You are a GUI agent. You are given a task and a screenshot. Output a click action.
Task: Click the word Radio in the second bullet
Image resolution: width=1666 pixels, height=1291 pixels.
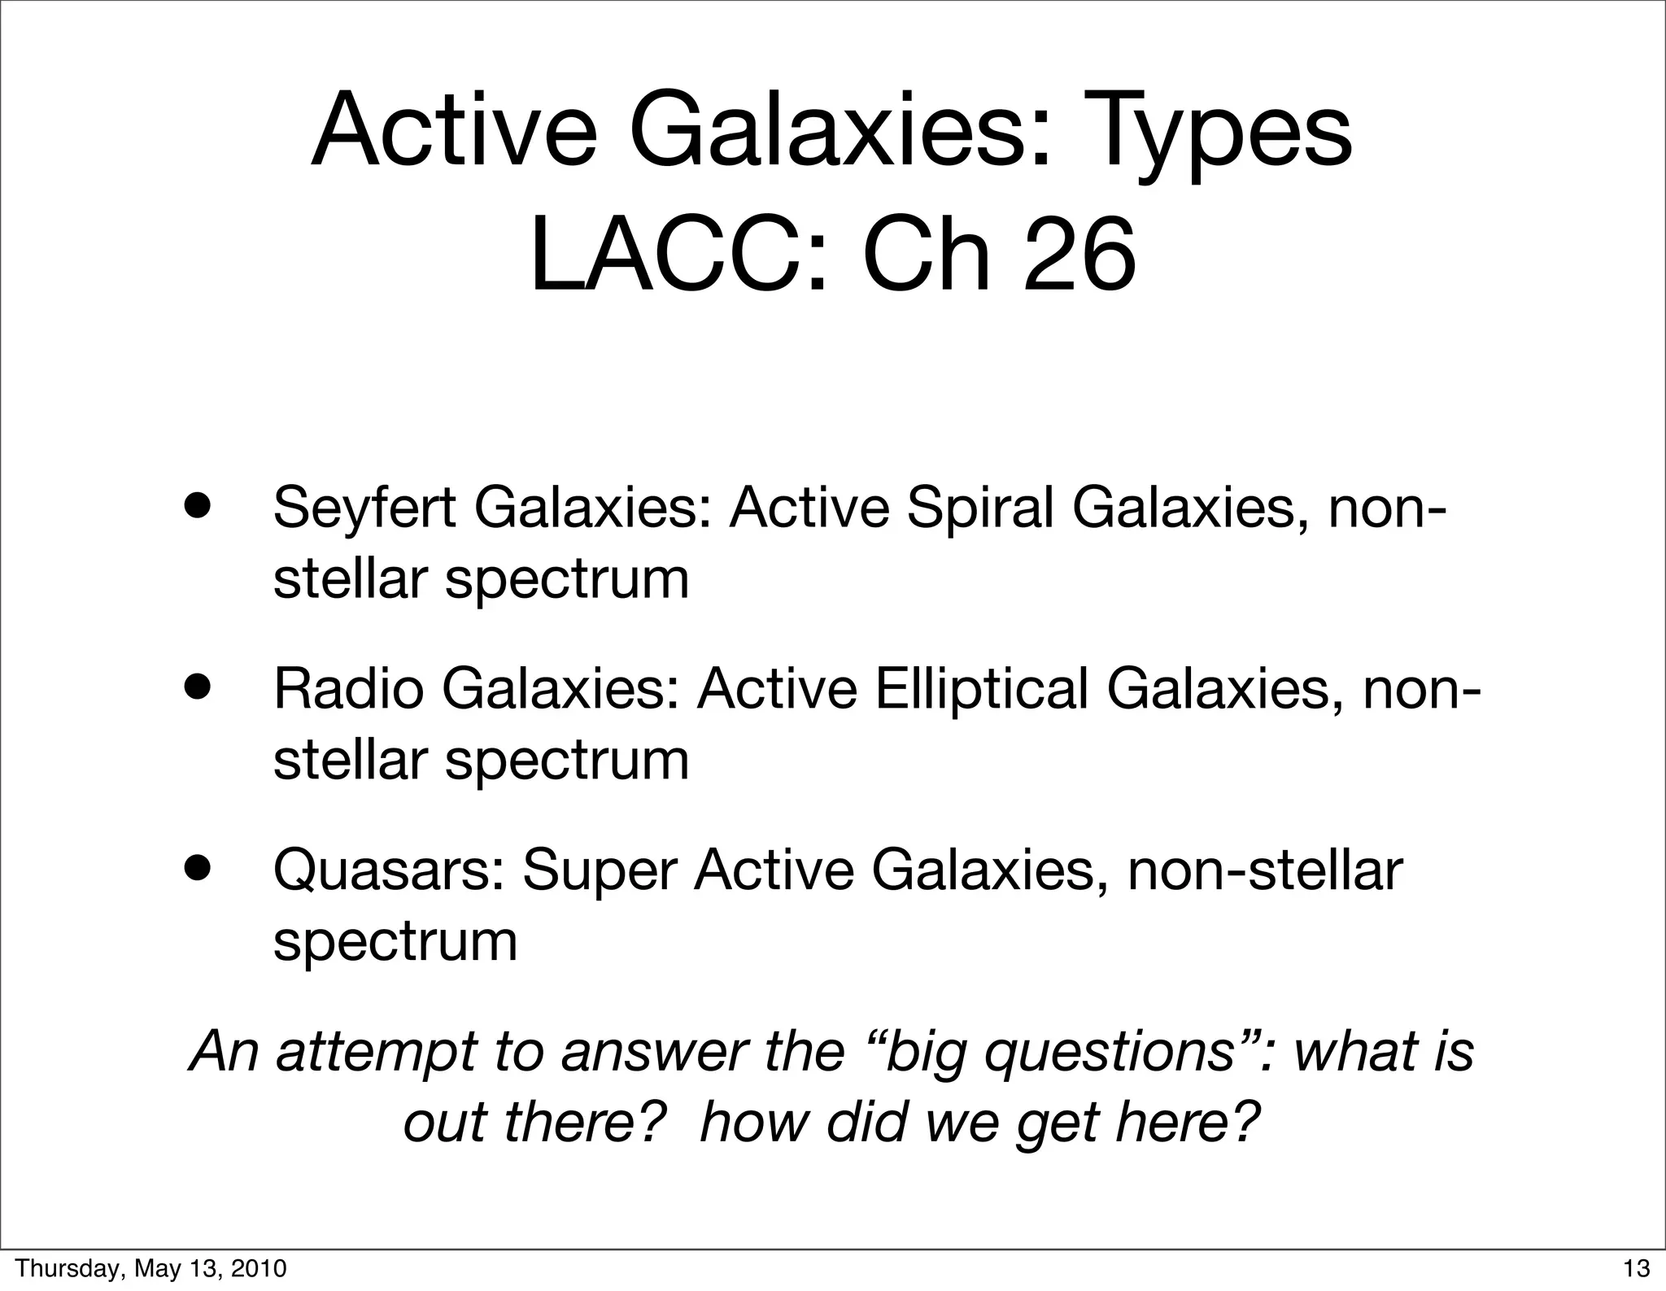[348, 688]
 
